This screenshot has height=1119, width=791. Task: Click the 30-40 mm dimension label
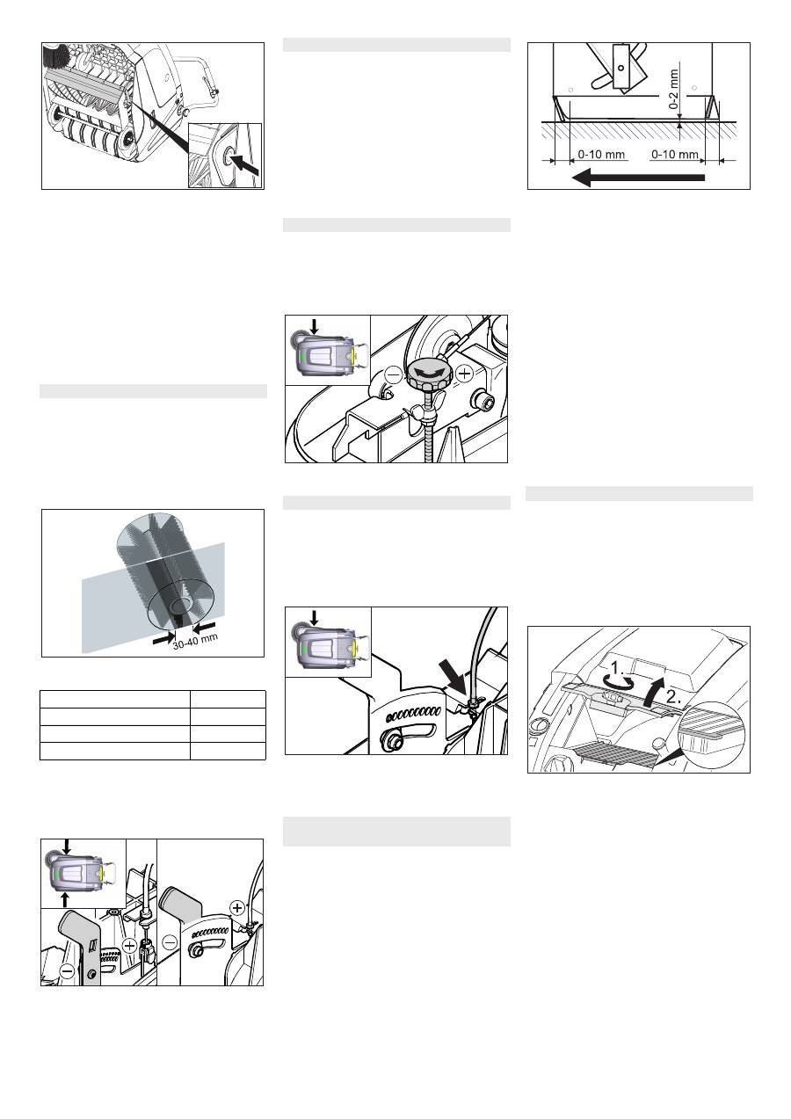pyautogui.click(x=195, y=641)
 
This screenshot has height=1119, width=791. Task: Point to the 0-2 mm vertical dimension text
pyautogui.click(x=674, y=89)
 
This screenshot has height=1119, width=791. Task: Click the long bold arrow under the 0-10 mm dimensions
pyautogui.click(x=638, y=178)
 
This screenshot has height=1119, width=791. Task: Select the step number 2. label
pyautogui.click(x=673, y=697)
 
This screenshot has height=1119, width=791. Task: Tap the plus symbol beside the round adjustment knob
pyautogui.click(x=464, y=374)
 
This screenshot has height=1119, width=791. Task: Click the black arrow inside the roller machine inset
pyautogui.click(x=245, y=163)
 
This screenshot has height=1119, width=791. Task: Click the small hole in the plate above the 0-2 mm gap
pyautogui.click(x=620, y=68)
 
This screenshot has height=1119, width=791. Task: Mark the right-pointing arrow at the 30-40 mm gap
pyautogui.click(x=163, y=638)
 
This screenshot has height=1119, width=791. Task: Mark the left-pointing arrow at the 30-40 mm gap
pyautogui.click(x=204, y=627)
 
